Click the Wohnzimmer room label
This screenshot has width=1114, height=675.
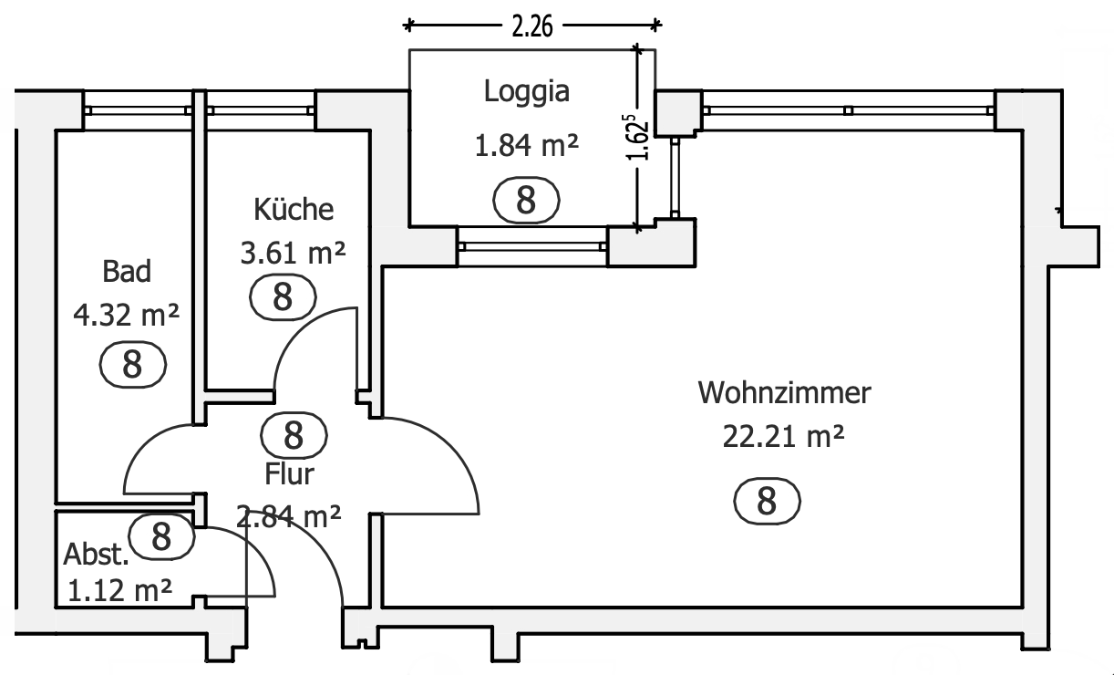point(784,393)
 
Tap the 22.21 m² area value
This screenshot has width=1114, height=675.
point(783,437)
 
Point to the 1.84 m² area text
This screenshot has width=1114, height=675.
point(527,145)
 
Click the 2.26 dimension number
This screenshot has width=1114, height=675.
point(532,26)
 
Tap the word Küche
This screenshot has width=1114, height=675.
point(294,209)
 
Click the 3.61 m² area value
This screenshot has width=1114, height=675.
point(293,253)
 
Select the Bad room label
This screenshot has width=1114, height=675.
point(127,272)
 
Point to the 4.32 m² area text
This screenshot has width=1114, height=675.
point(127,315)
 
